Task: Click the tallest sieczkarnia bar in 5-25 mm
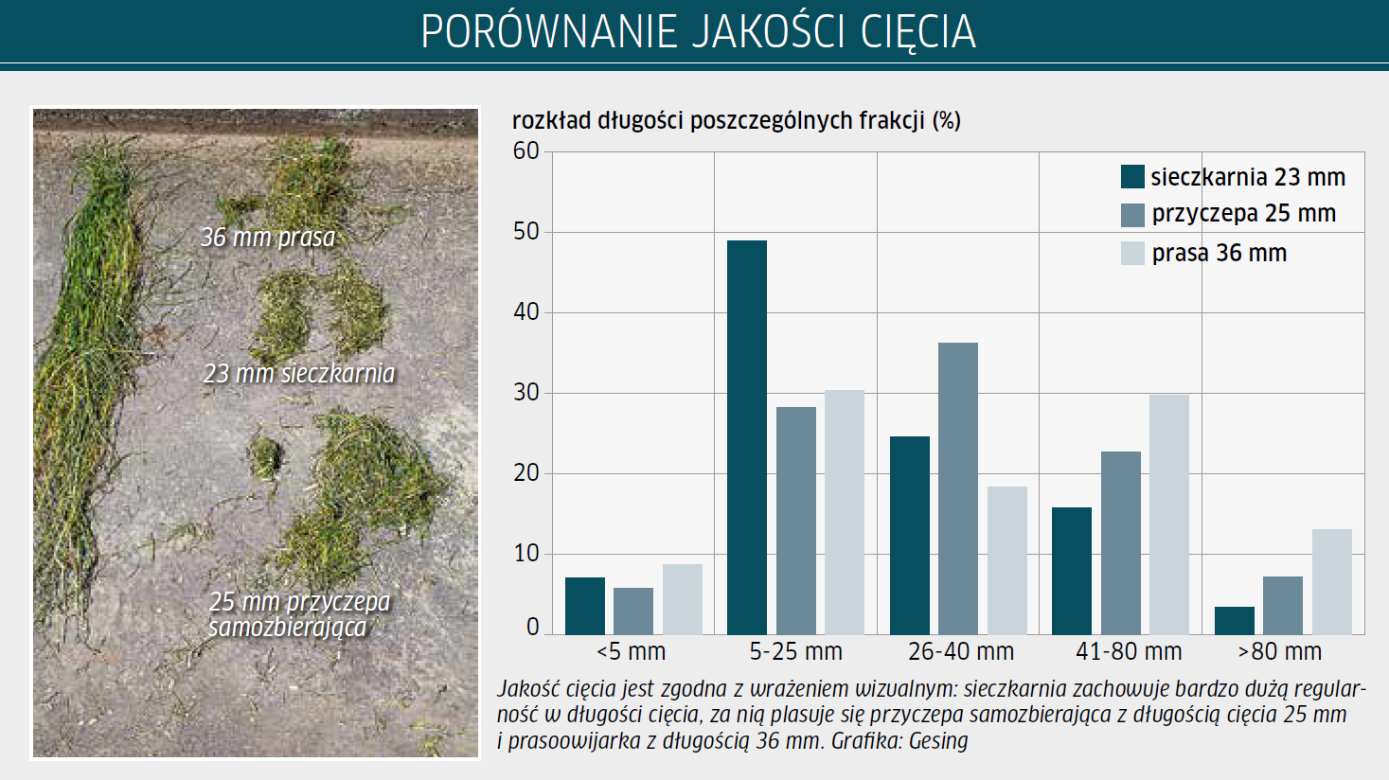tap(747, 437)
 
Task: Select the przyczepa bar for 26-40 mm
tap(958, 488)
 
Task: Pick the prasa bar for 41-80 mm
tap(1169, 515)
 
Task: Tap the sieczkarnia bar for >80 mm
tap(1234, 621)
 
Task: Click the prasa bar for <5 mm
tap(682, 599)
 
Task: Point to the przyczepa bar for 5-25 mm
tap(796, 521)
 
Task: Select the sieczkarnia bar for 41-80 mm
tap(1072, 571)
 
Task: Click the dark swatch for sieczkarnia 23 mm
tap(1132, 177)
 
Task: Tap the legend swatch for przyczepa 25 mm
tap(1132, 215)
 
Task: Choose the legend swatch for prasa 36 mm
tap(1132, 254)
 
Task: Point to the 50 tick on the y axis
tap(525, 232)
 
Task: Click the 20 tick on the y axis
tap(525, 473)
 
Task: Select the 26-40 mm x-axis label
tap(960, 651)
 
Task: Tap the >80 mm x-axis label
tap(1280, 651)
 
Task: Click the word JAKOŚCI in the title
tap(768, 31)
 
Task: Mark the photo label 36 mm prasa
tap(268, 238)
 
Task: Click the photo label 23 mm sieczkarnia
tap(299, 373)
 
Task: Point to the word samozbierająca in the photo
tap(288, 628)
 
